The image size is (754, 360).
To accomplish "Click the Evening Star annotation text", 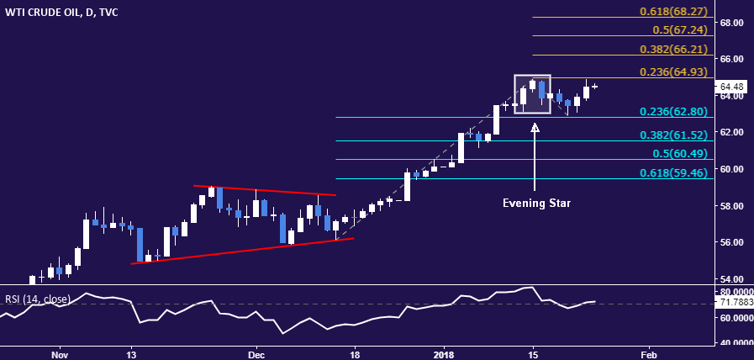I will coord(535,204).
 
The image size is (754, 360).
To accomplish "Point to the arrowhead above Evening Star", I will coord(535,128).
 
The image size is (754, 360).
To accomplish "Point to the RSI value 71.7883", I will coord(734,302).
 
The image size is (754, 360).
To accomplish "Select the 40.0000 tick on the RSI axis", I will coord(734,342).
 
